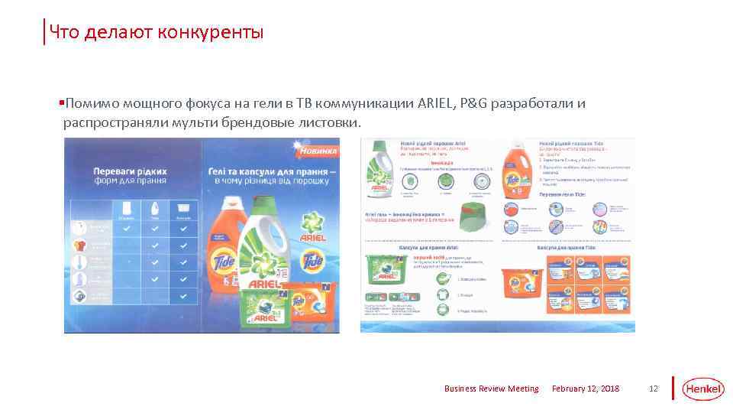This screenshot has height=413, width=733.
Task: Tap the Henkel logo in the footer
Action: coord(702,389)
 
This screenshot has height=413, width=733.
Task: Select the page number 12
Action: coord(653,389)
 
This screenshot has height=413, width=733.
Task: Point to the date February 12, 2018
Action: coord(586,389)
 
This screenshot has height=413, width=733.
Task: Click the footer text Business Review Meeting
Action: coord(491,389)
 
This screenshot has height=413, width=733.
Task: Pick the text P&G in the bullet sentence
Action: coord(473,103)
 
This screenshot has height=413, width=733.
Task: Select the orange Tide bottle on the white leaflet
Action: coord(516,174)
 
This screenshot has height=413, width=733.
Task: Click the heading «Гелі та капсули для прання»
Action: coord(264,172)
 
